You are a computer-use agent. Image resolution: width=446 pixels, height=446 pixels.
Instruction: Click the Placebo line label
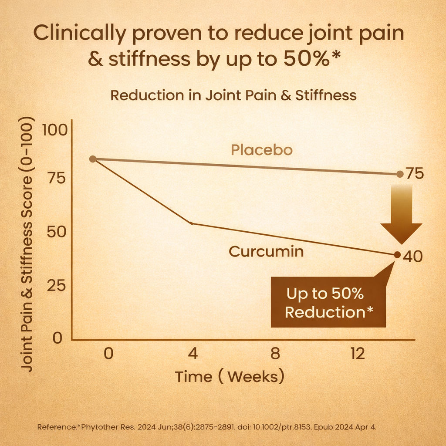261,150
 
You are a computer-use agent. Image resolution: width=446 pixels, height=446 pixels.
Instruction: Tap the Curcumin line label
266,251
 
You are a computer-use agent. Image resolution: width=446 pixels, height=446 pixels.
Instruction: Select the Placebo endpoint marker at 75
400,174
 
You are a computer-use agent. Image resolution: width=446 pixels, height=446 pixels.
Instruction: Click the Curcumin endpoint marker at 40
397,254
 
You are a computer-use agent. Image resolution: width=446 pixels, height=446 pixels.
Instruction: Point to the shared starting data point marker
93,159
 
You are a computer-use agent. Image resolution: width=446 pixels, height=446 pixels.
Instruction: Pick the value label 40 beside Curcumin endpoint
412,257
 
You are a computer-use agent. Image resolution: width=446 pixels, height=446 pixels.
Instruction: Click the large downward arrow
401,213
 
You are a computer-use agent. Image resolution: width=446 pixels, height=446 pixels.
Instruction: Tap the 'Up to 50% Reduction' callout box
328,302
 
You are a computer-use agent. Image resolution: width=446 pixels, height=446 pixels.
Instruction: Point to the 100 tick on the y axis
54,130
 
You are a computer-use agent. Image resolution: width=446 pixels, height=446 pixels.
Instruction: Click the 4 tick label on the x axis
193,354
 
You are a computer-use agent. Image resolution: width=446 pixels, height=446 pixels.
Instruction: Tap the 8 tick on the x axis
274,354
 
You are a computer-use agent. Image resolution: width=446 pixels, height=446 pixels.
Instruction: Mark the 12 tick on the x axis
357,354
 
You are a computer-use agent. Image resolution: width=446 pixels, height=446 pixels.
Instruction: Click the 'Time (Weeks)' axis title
230,376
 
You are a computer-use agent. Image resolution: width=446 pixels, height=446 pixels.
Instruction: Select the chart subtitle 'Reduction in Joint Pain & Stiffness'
233,95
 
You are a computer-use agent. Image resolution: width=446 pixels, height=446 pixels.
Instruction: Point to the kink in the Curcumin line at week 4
192,223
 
